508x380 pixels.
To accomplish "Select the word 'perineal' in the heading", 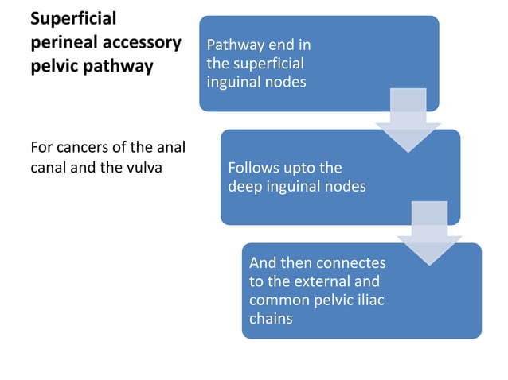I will pyautogui.click(x=61, y=41).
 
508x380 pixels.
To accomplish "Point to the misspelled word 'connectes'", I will pyautogui.click(x=351, y=262).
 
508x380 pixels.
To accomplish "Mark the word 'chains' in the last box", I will pyautogui.click(x=270, y=320).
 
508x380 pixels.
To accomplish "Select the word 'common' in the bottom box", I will pyautogui.click(x=275, y=301).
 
